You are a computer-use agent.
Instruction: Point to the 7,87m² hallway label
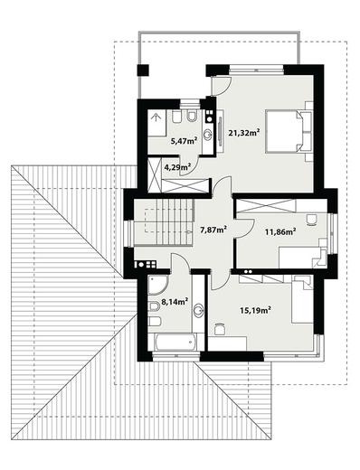point(212,229)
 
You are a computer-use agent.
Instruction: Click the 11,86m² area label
point(279,231)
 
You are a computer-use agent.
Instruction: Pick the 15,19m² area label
point(256,310)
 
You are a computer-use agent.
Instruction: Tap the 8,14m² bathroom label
point(175,301)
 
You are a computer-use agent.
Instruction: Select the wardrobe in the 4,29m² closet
point(179,184)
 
